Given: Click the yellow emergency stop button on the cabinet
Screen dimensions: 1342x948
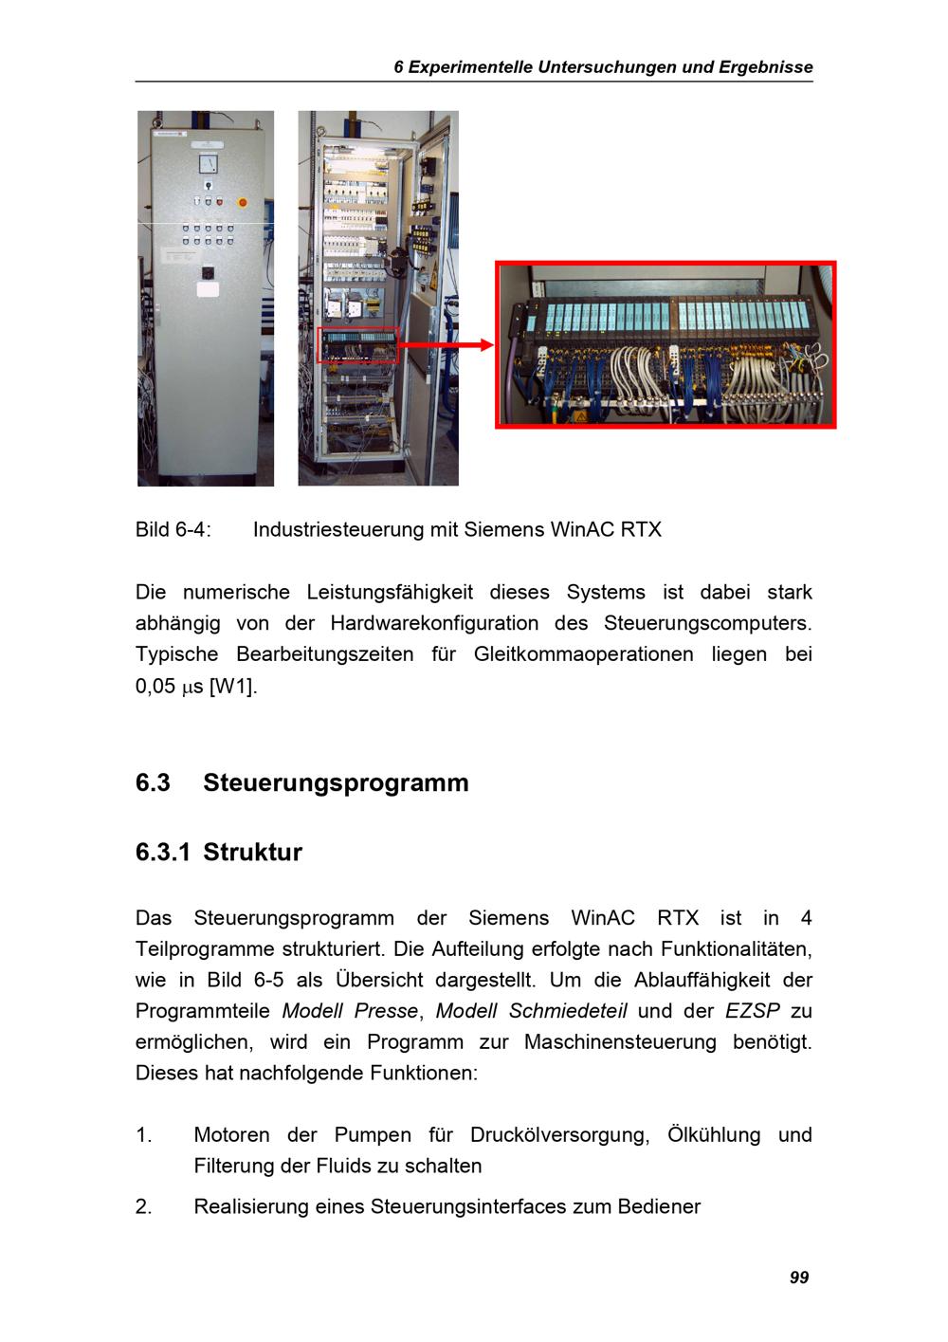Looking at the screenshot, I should tap(241, 202).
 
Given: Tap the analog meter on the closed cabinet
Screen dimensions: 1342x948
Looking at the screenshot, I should tap(207, 164).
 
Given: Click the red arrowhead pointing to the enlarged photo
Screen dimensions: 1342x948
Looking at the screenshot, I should tap(486, 345).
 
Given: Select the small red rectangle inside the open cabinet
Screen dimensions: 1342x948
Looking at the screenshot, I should tap(358, 344).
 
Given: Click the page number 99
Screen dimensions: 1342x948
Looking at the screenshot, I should tap(799, 1278).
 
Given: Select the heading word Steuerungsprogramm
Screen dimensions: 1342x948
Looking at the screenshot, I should tap(336, 782).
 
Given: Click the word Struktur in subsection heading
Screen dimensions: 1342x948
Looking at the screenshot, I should tap(252, 852).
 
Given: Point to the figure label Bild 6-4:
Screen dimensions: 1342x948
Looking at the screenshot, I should tap(173, 529).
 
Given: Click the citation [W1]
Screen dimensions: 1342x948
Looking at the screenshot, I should tap(233, 686).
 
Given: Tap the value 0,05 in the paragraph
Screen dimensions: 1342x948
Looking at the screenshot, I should tap(155, 686).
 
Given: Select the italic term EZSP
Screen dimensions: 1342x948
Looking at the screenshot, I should tap(753, 1011).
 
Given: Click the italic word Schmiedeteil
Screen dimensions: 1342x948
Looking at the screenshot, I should tap(568, 1011).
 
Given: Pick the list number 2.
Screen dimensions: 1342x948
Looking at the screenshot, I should tap(143, 1206).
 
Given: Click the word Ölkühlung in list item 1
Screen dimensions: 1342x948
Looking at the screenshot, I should tap(714, 1135).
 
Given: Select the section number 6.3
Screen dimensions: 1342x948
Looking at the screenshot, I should tap(153, 782).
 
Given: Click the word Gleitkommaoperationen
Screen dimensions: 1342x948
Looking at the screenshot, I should tap(583, 654).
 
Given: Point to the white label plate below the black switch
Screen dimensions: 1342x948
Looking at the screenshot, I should tap(207, 289).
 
